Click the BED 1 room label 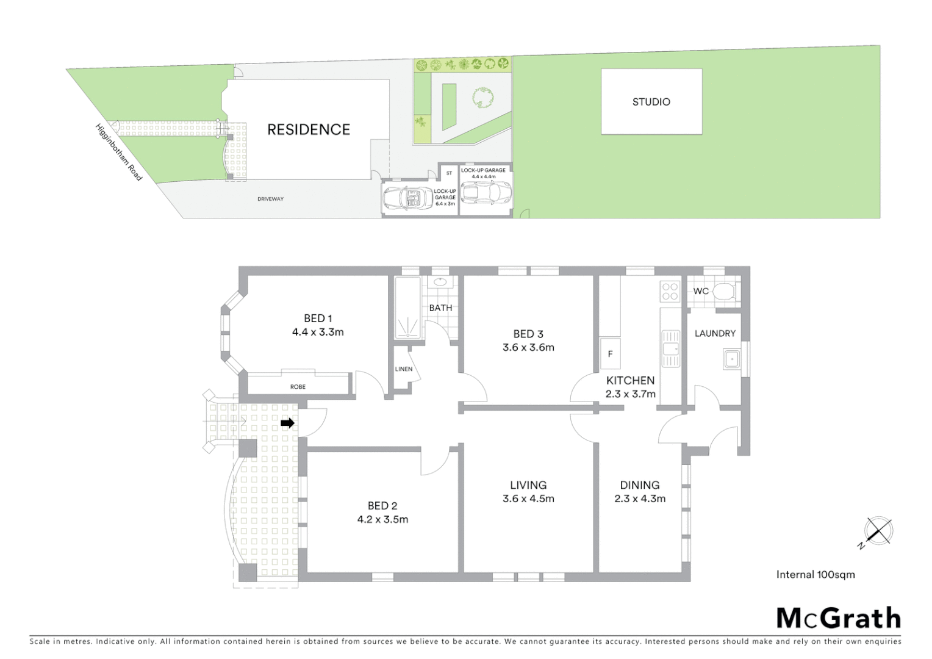click(318, 318)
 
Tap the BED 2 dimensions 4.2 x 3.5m click(382, 519)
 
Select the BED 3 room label click(528, 334)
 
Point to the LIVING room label click(528, 485)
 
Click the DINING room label click(640, 485)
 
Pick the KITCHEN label click(630, 380)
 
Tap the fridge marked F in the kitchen click(610, 354)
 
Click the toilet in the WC click(724, 290)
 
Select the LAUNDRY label click(715, 333)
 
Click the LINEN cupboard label click(404, 369)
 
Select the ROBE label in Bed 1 click(298, 387)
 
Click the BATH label click(440, 308)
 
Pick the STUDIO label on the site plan click(651, 102)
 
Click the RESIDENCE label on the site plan click(309, 129)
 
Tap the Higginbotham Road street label click(118, 152)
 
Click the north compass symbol click(878, 531)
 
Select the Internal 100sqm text click(815, 574)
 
